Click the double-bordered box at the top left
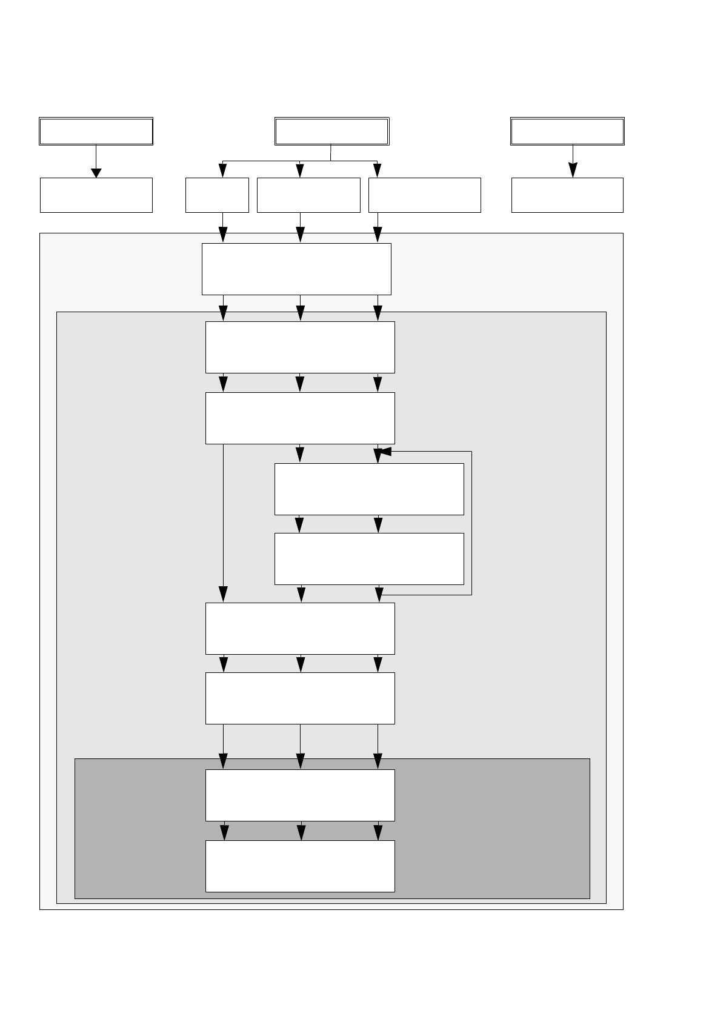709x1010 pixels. tap(96, 131)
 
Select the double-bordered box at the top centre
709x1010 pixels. tap(331, 131)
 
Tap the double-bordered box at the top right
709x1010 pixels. tap(567, 131)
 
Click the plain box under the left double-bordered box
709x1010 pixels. tap(96, 195)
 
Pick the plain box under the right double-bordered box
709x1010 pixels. tap(567, 195)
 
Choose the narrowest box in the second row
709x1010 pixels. tap(217, 195)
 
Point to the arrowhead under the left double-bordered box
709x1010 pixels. tap(96, 173)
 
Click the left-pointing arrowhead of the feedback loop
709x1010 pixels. tap(383, 452)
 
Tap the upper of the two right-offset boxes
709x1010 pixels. tap(369, 489)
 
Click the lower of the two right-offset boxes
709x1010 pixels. tap(369, 558)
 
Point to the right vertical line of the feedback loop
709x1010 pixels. tap(471, 523)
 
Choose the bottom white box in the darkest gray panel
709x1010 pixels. tap(300, 866)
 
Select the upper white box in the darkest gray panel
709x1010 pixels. tap(300, 795)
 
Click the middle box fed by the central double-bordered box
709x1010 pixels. tap(308, 195)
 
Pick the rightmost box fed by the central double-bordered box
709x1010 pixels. tap(424, 195)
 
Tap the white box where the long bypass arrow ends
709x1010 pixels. tap(300, 628)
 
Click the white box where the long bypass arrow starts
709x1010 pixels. tap(300, 418)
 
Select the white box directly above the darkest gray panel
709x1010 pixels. tap(300, 698)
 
